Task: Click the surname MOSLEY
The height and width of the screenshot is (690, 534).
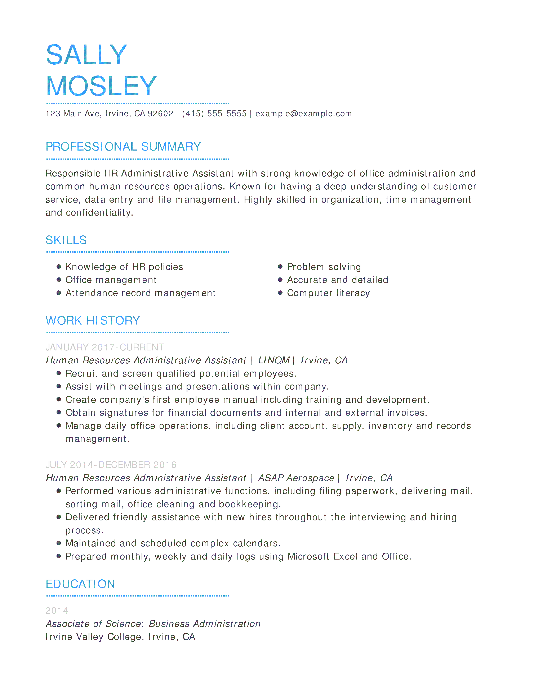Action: click(x=101, y=86)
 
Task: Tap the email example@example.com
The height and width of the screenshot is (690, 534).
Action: click(x=303, y=114)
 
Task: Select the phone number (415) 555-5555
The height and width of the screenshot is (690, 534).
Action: click(x=214, y=114)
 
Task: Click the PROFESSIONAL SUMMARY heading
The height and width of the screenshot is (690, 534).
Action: click(x=123, y=147)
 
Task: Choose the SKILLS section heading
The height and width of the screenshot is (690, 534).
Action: click(x=66, y=240)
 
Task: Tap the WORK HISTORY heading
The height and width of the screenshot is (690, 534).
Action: click(x=93, y=321)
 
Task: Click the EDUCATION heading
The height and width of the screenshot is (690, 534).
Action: click(x=80, y=584)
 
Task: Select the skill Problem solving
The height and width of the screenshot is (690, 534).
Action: click(x=324, y=267)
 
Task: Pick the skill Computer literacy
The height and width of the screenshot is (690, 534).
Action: click(x=328, y=293)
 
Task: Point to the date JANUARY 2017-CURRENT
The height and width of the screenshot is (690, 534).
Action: click(x=105, y=347)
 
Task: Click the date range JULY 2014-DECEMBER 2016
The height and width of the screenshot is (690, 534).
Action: click(x=111, y=465)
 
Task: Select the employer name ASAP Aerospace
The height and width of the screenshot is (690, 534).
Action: click(x=296, y=478)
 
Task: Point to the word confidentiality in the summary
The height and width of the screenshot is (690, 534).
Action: click(x=99, y=213)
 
